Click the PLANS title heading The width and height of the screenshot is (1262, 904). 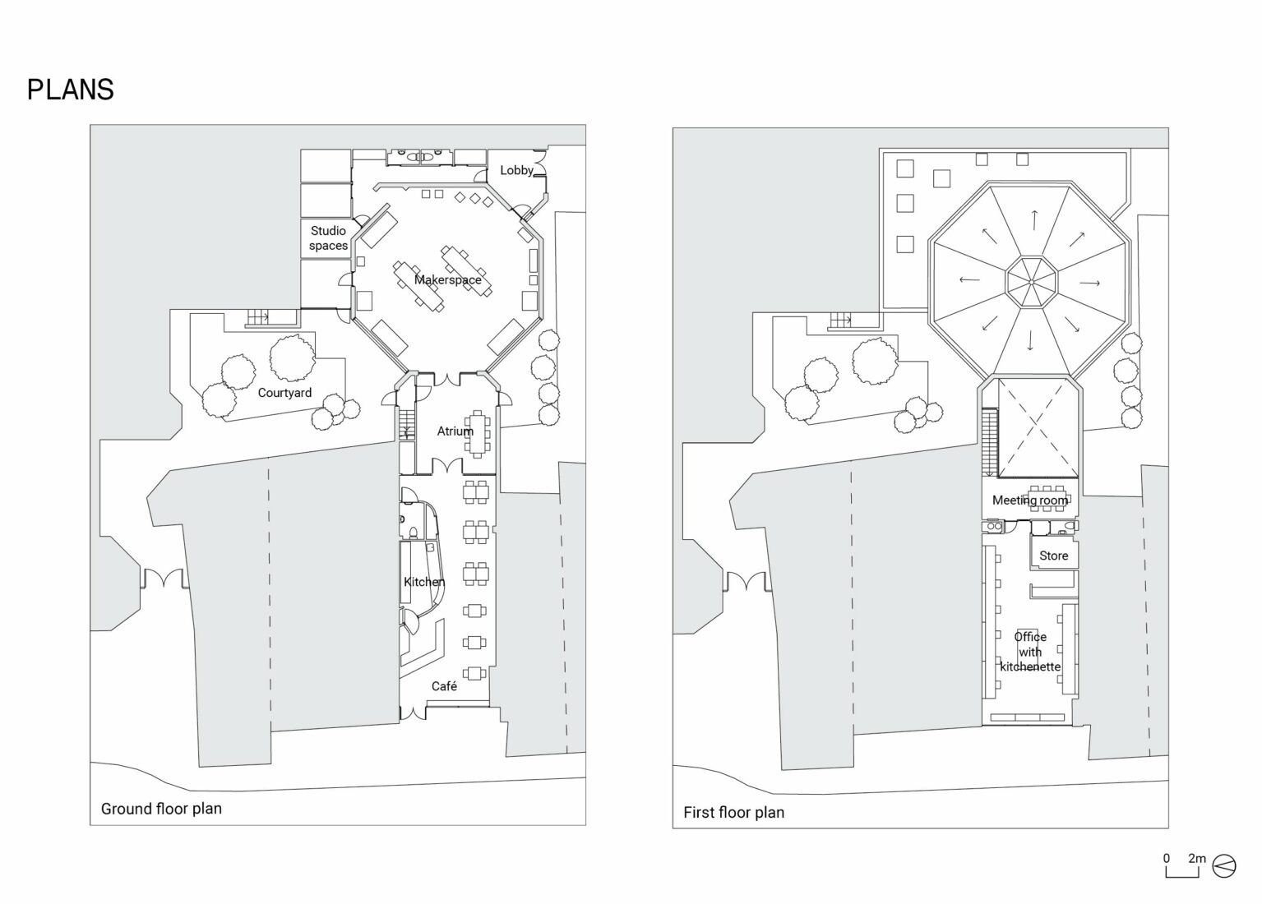[70, 90]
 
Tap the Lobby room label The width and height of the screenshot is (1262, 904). [516, 170]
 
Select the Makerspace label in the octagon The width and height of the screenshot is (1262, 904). [447, 280]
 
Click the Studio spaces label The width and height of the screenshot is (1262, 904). [328, 238]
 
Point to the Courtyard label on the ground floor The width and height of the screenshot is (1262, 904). [284, 393]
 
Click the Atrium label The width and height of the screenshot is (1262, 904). [455, 431]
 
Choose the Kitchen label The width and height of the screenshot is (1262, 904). [423, 582]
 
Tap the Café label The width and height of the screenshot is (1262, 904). [444, 686]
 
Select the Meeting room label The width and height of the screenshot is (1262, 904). [1029, 500]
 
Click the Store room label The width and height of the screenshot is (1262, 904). [1053, 556]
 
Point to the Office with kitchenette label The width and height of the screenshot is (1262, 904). [1029, 652]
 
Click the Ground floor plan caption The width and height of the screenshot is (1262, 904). [161, 809]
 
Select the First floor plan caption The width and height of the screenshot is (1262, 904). [733, 813]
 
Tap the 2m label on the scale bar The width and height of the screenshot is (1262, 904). [1196, 859]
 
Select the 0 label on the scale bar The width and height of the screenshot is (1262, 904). [1166, 859]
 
